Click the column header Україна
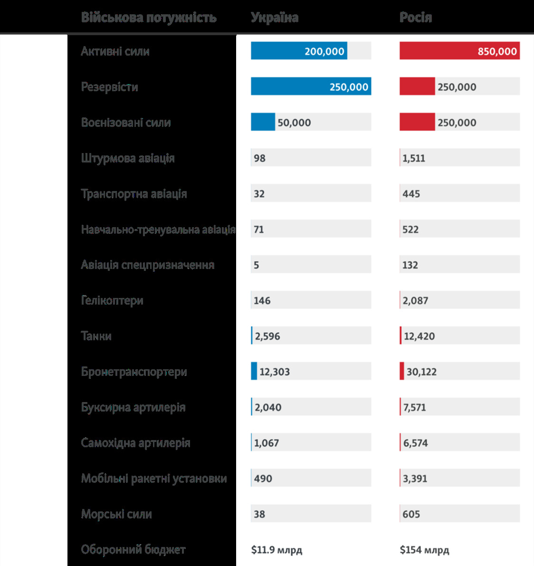pos(275,18)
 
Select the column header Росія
pos(416,18)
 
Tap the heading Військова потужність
pos(149,18)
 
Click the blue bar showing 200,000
pos(299,51)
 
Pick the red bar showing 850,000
pos(459,51)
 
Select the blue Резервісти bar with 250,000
pos(311,86)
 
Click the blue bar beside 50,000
pos(263,122)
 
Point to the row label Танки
pos(96,336)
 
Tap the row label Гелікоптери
pos(112,300)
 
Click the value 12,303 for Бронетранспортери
pos(275,372)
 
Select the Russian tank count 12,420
pos(419,336)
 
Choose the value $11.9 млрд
pos(277,550)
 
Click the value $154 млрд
pos(424,550)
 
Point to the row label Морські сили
pos(116,514)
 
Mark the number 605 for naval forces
pos(411,514)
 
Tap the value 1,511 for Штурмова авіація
pos(414,158)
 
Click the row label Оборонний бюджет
pos(133,550)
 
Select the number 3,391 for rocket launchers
pos(415,479)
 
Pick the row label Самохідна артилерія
pos(135,443)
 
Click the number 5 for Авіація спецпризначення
pos(257,265)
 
